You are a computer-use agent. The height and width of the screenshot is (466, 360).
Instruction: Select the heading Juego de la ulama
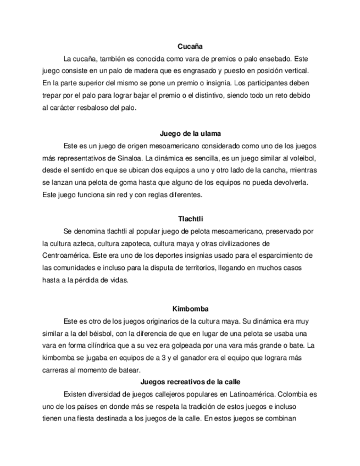tap(190, 133)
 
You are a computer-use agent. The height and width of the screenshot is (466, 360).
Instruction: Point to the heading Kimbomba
tap(190, 309)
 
